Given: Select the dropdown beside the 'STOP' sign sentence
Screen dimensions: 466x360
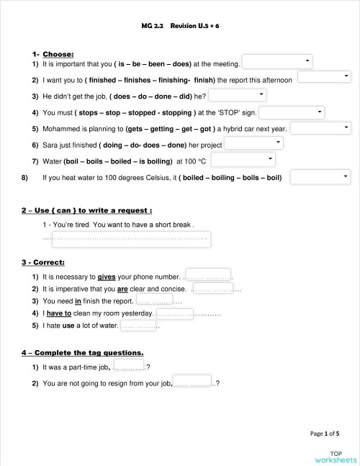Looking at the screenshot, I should click(x=287, y=112).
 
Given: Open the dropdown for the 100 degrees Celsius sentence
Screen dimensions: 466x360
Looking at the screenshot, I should click(x=320, y=176).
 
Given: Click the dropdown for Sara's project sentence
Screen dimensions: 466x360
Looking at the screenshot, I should click(x=253, y=143).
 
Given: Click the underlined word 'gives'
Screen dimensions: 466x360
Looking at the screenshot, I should click(x=106, y=276).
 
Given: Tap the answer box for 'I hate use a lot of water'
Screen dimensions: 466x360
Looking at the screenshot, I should click(x=138, y=326).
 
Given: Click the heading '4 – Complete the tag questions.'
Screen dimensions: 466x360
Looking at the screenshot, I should click(x=82, y=352).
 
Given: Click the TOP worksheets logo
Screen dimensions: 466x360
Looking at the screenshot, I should click(x=336, y=456).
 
